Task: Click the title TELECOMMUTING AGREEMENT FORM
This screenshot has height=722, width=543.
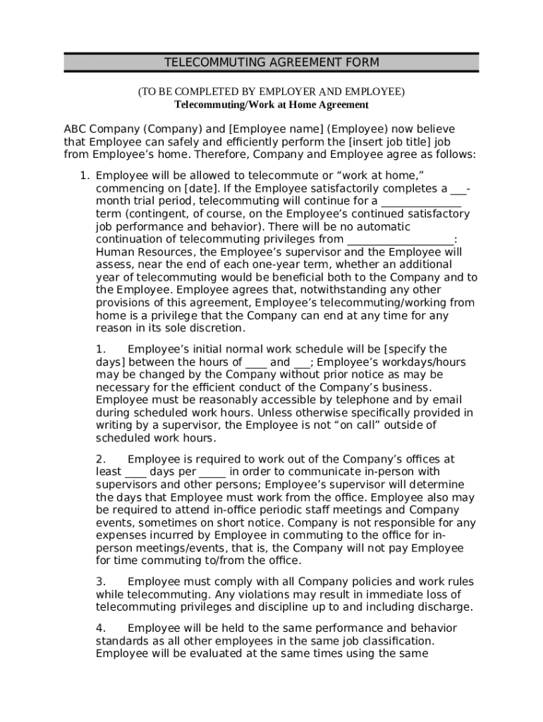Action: point(271,63)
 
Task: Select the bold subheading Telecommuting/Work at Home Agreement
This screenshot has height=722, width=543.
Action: point(271,105)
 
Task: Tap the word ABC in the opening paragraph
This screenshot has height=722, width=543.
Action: point(75,129)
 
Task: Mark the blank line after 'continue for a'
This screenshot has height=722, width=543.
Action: point(421,201)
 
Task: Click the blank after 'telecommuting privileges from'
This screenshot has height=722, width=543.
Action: point(400,239)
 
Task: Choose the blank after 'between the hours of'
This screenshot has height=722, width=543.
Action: point(256,362)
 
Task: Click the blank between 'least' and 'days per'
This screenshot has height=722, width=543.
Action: point(135,472)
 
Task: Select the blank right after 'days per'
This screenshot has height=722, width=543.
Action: point(212,472)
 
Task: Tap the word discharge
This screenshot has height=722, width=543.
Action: point(446,607)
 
